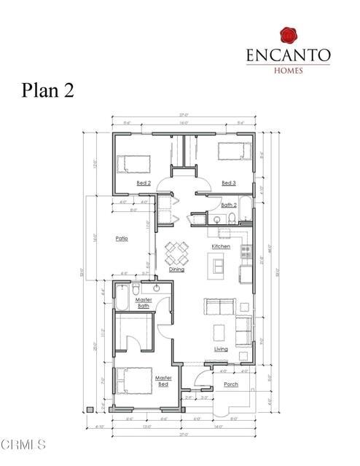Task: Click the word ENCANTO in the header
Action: [x=288, y=55]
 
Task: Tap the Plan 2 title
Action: [x=46, y=91]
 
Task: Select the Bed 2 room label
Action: [x=144, y=183]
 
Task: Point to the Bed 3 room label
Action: [x=228, y=183]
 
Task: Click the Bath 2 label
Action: [x=228, y=205]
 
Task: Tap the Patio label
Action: [x=122, y=238]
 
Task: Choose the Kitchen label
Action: [x=221, y=246]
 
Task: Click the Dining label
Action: [x=177, y=269]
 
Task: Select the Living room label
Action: [x=221, y=349]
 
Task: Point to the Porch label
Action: [x=230, y=384]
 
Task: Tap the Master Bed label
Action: [x=163, y=380]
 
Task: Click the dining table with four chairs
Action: [x=177, y=253]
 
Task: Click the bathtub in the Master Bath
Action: [x=122, y=298]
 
